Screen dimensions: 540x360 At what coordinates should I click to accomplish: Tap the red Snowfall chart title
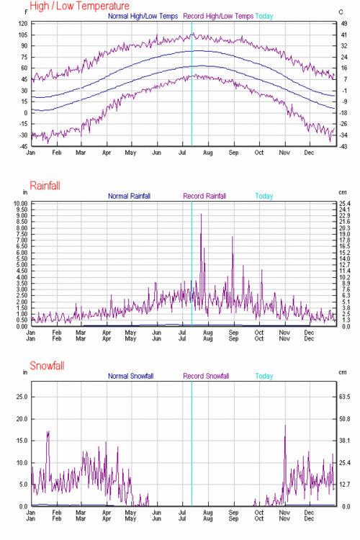(x=47, y=366)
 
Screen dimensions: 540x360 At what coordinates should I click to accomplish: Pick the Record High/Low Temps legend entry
(x=218, y=15)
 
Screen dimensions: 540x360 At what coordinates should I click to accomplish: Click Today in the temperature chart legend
(x=264, y=15)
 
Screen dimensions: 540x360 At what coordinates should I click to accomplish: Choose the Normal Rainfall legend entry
(x=138, y=195)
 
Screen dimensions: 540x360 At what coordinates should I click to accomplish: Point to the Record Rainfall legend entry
(x=204, y=195)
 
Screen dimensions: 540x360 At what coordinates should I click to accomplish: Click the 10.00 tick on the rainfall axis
(x=19, y=204)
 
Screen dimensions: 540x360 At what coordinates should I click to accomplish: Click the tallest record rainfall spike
(x=201, y=215)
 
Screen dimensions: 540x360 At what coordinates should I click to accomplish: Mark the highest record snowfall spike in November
(x=285, y=426)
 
